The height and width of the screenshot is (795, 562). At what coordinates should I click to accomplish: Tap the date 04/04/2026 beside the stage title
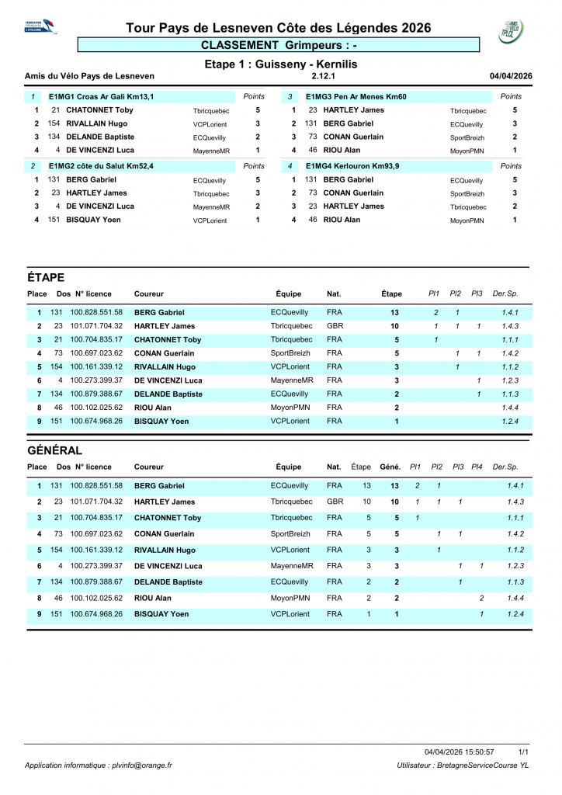[511, 76]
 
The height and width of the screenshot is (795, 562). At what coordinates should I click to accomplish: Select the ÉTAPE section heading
[46, 277]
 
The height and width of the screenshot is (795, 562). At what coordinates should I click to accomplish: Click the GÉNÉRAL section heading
[54, 450]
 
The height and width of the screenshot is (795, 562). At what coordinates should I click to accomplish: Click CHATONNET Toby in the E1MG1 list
[99, 110]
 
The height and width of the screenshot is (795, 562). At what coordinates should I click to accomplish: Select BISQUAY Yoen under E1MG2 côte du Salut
[95, 220]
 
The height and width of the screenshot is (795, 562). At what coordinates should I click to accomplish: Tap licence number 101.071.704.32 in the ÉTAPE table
[96, 326]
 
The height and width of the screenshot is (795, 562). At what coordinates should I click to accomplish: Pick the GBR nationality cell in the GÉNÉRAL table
[335, 502]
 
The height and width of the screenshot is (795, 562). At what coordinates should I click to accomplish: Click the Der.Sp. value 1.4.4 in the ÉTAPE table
[510, 408]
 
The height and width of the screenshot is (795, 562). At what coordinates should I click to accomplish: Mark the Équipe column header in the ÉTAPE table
[288, 294]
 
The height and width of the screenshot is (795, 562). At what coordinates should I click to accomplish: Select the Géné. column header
[390, 467]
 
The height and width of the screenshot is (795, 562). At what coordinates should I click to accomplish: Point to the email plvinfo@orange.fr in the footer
[140, 765]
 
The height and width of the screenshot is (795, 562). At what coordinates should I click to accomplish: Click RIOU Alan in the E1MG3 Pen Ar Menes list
[342, 151]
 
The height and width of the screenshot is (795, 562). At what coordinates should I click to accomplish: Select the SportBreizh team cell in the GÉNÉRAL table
[290, 534]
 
